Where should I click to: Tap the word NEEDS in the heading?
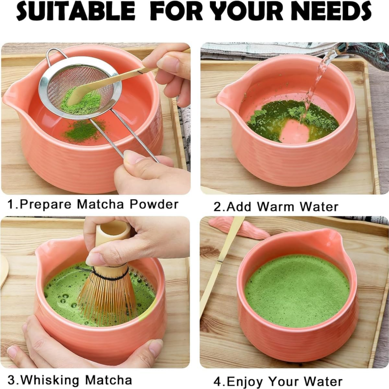(331, 11)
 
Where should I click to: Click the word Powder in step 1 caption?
(154, 204)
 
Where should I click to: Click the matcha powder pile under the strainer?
(83, 131)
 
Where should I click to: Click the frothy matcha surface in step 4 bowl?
(297, 290)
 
